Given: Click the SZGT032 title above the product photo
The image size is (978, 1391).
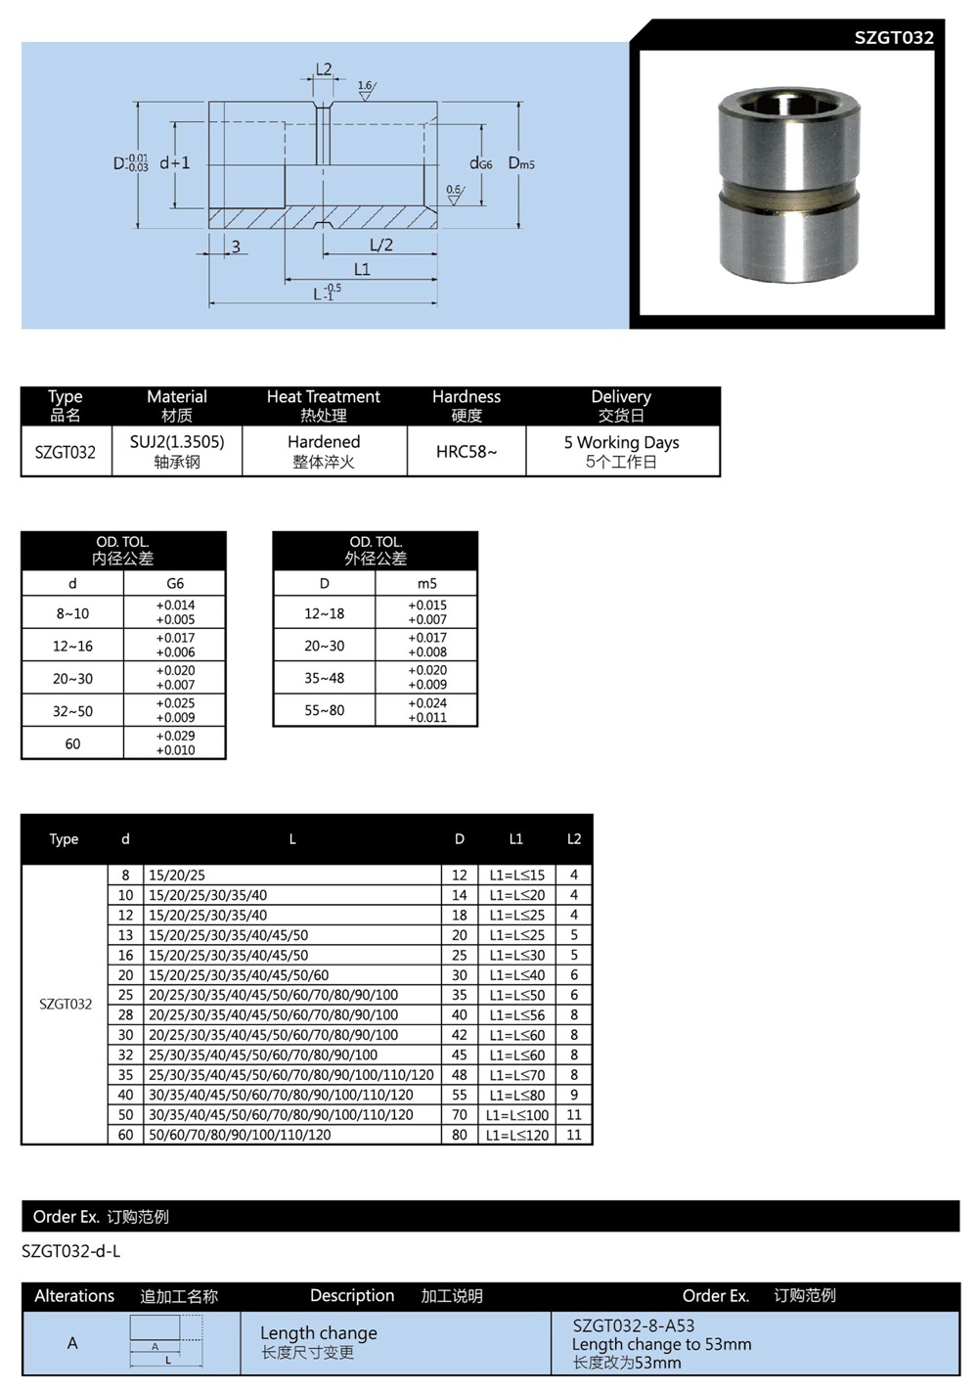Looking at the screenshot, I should coord(893,37).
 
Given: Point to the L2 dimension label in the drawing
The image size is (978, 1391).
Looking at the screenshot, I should coord(324,69).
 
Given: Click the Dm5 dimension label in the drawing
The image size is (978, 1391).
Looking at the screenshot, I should coord(521,163).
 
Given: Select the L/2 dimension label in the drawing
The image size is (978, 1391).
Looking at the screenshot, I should coord(380,245).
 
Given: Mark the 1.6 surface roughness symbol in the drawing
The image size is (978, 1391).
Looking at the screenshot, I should coord(365,89).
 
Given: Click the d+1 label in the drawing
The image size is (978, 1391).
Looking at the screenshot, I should coord(175,163).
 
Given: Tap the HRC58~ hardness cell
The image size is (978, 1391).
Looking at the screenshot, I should coord(467,452).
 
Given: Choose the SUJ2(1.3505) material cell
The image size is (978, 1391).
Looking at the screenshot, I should coord(177,451).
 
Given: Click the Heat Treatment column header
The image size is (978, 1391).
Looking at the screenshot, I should coord(323,405).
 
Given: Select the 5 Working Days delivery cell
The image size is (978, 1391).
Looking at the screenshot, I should coord(621,451).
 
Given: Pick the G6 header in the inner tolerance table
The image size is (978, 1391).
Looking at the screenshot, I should coord(175,583).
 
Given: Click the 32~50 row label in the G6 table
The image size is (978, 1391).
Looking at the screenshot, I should coord(72,711).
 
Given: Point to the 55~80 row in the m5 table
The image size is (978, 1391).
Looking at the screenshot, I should coord(325,710).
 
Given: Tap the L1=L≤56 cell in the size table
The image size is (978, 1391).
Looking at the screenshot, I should coord(516,1015).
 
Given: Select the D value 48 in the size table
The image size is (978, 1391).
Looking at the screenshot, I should coord(460,1075).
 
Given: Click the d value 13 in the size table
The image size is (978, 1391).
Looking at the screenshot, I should coord(125,935).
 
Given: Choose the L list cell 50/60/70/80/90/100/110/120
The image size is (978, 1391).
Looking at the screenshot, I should coord(240,1135).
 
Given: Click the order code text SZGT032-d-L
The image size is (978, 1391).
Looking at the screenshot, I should coord(71,1251).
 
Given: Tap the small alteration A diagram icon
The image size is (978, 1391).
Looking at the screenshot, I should coord(166,1341).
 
